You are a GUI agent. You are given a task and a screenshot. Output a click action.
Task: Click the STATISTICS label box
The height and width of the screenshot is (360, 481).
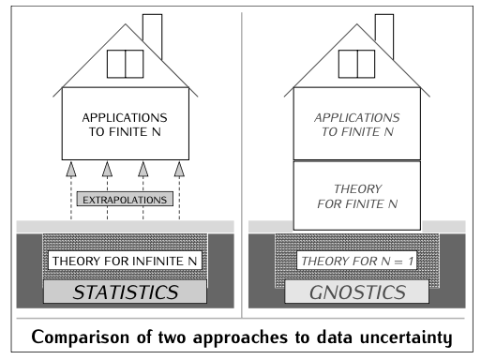[125, 292]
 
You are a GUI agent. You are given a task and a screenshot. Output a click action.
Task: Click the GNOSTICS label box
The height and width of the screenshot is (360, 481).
[357, 292]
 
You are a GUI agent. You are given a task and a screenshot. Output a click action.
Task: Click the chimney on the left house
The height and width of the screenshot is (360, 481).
[153, 35]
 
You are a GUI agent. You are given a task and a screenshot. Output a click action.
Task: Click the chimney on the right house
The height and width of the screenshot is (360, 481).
[385, 35]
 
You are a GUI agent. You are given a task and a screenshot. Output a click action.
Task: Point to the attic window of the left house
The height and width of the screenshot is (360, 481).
[125, 63]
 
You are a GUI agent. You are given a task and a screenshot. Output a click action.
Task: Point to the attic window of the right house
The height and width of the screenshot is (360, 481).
[357, 63]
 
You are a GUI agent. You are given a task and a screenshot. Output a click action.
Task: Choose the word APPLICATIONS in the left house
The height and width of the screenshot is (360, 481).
[125, 120]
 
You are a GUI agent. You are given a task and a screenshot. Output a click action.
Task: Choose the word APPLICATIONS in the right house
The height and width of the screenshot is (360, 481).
[357, 119]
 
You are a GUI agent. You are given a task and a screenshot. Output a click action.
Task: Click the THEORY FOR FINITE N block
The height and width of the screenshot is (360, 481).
[357, 195]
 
